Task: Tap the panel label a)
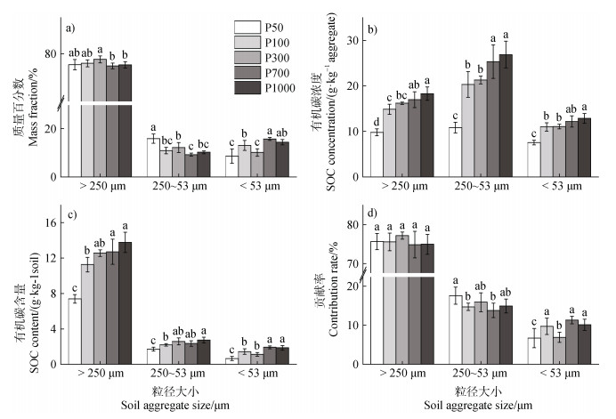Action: (x=70, y=27)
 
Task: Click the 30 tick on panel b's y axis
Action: (x=354, y=40)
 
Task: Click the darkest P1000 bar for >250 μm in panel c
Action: (x=126, y=302)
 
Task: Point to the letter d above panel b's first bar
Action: (x=377, y=122)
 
